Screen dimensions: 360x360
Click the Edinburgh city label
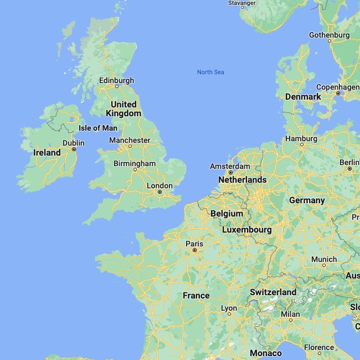pos(116,80)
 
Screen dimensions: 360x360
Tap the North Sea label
pos(210,72)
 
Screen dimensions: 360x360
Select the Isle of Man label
pos(98,128)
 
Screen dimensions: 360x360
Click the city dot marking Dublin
pos(74,149)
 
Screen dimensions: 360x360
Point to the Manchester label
pos(130,140)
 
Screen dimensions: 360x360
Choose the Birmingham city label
pos(135,163)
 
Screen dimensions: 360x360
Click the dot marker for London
pos(160,192)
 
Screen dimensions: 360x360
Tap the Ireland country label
pos(47,152)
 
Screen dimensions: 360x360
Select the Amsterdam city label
pos(230,166)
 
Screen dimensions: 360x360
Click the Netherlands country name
pos(242,180)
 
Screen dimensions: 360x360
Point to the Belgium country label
pos(227,213)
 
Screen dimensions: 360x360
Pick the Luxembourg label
pos(247,229)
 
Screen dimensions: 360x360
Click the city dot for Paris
pos(194,250)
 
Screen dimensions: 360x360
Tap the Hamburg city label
pos(301,138)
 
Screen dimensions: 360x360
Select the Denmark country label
pos(303,96)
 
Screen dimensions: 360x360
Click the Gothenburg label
pos(329,35)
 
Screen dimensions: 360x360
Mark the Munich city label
pos(324,259)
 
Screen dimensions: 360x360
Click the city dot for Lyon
pos(229,314)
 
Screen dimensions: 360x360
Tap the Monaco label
pos(266,353)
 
